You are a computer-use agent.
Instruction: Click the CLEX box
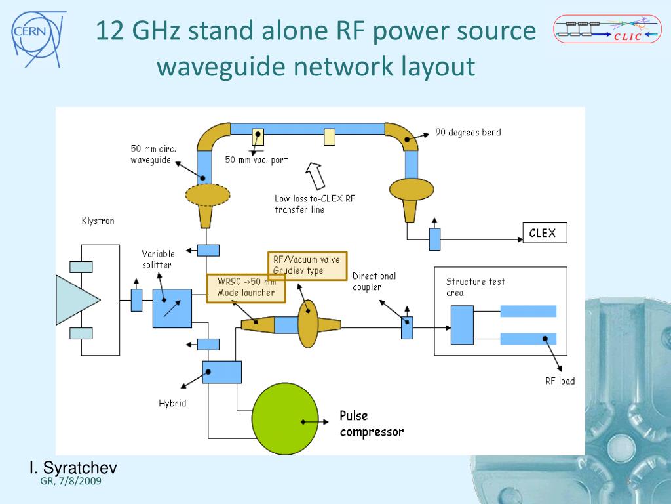pyautogui.click(x=543, y=233)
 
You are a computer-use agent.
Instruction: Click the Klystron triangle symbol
pyautogui.click(x=78, y=299)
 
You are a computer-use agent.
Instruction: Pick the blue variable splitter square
pyautogui.click(x=172, y=308)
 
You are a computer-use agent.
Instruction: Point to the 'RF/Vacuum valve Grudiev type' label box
pyautogui.click(x=307, y=265)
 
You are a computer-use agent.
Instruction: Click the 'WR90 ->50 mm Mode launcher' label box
pyautogui.click(x=246, y=287)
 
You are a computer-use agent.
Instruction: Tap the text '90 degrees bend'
pyautogui.click(x=468, y=133)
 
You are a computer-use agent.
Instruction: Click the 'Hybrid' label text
pyautogui.click(x=172, y=403)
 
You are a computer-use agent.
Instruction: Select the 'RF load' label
pyautogui.click(x=560, y=381)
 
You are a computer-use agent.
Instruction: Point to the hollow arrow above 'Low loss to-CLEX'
pyautogui.click(x=316, y=175)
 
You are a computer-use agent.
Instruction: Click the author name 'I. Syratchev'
pyautogui.click(x=73, y=468)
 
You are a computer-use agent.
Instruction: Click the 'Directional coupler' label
pyautogui.click(x=374, y=282)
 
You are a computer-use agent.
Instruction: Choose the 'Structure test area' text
pyautogui.click(x=475, y=287)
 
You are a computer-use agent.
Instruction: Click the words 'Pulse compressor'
pyautogui.click(x=372, y=423)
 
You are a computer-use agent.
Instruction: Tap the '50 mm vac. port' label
pyautogui.click(x=256, y=159)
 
